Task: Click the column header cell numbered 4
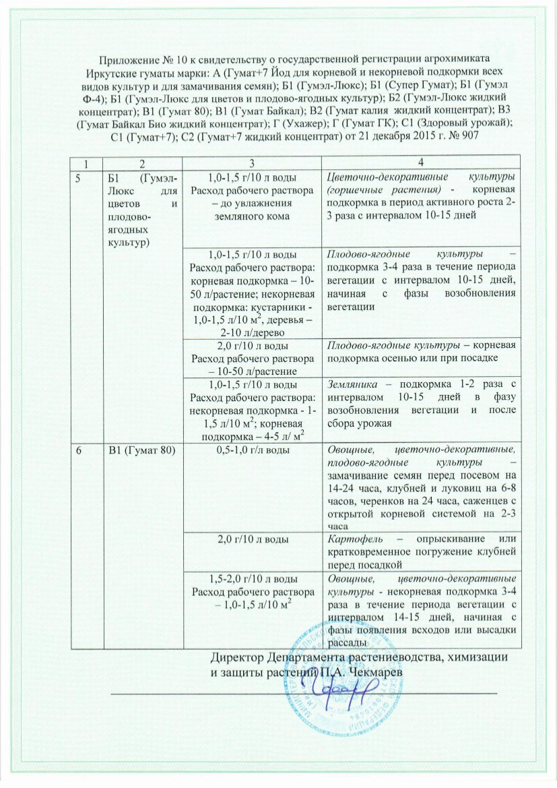[x=421, y=162]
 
